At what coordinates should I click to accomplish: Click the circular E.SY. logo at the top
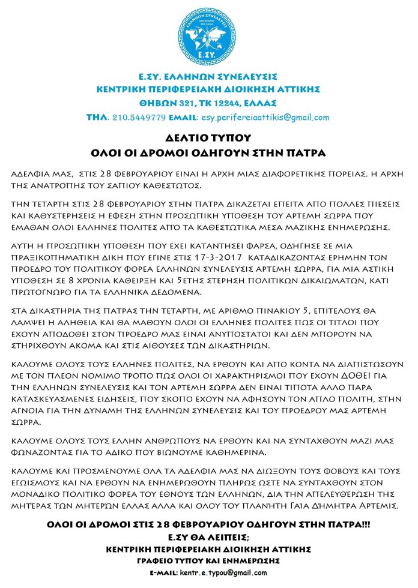[208, 35]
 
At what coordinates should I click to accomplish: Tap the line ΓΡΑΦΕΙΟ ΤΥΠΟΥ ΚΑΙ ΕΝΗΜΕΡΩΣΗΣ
[208, 560]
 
